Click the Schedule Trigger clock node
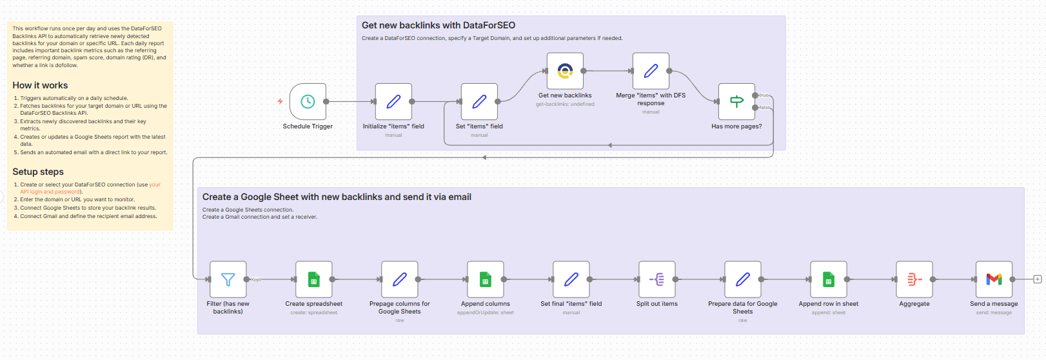click(x=308, y=101)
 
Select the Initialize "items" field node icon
click(x=393, y=101)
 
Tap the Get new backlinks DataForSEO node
click(x=565, y=71)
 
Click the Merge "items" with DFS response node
click(x=651, y=71)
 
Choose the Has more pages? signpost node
click(x=736, y=101)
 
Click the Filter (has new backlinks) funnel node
click(x=228, y=279)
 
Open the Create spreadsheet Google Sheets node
click(x=313, y=279)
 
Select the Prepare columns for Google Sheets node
click(x=399, y=279)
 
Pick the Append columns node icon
click(x=485, y=279)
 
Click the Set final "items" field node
click(x=571, y=279)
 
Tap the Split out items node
click(x=656, y=279)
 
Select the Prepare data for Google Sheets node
click(x=742, y=279)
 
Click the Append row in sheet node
click(x=828, y=279)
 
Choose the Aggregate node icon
click(x=914, y=279)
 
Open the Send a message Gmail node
click(x=994, y=279)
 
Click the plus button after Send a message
click(x=1037, y=279)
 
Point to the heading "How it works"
click(x=40, y=85)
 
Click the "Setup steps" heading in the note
click(x=38, y=172)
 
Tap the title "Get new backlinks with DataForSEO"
click(x=439, y=25)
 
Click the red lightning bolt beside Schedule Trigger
click(x=280, y=101)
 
